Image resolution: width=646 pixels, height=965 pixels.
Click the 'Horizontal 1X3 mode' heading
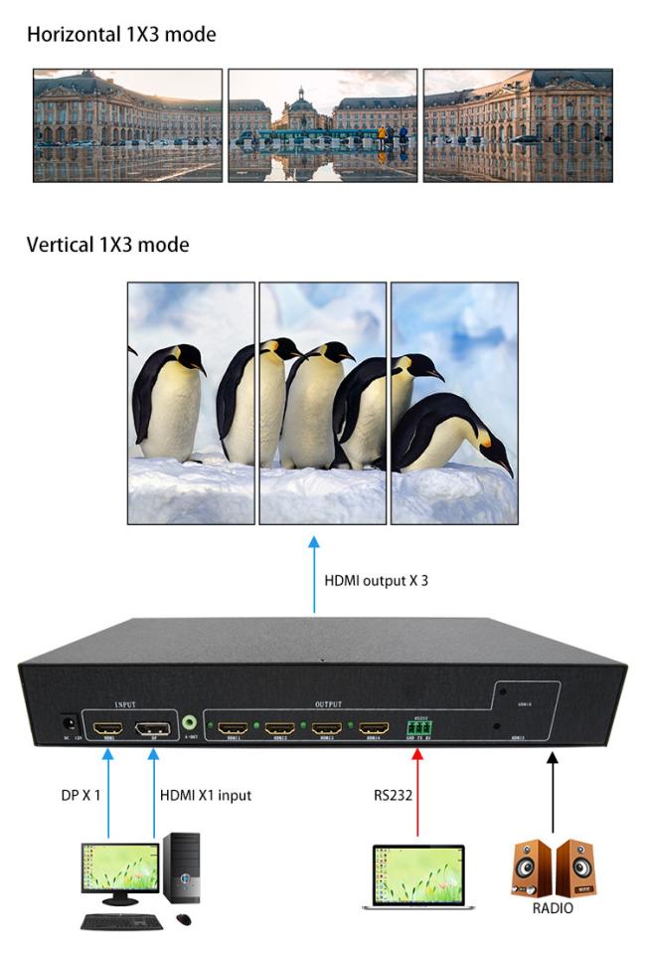(121, 36)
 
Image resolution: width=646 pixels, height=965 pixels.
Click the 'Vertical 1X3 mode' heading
(108, 245)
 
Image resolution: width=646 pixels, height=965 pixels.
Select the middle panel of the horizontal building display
(322, 125)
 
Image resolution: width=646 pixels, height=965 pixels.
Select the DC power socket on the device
(69, 725)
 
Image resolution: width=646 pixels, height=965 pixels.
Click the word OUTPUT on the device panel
(328, 704)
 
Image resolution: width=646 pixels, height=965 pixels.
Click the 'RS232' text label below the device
(390, 796)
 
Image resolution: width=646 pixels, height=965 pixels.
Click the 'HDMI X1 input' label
(205, 796)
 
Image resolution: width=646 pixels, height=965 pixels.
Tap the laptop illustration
(417, 876)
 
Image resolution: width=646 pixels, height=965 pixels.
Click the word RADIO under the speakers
(553, 907)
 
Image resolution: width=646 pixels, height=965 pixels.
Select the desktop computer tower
(183, 868)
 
